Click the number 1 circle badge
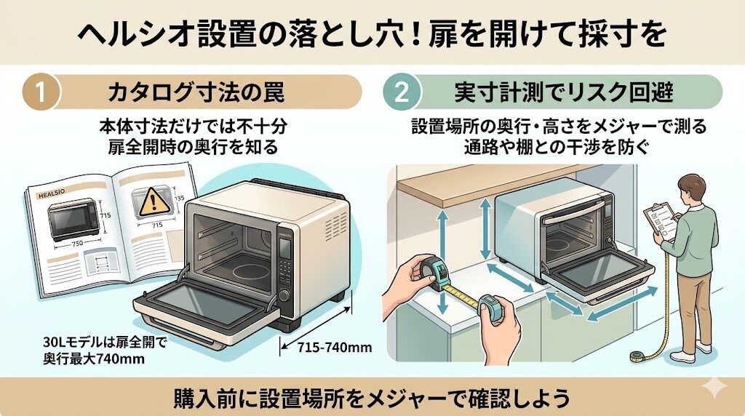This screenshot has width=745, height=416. (41, 93)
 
